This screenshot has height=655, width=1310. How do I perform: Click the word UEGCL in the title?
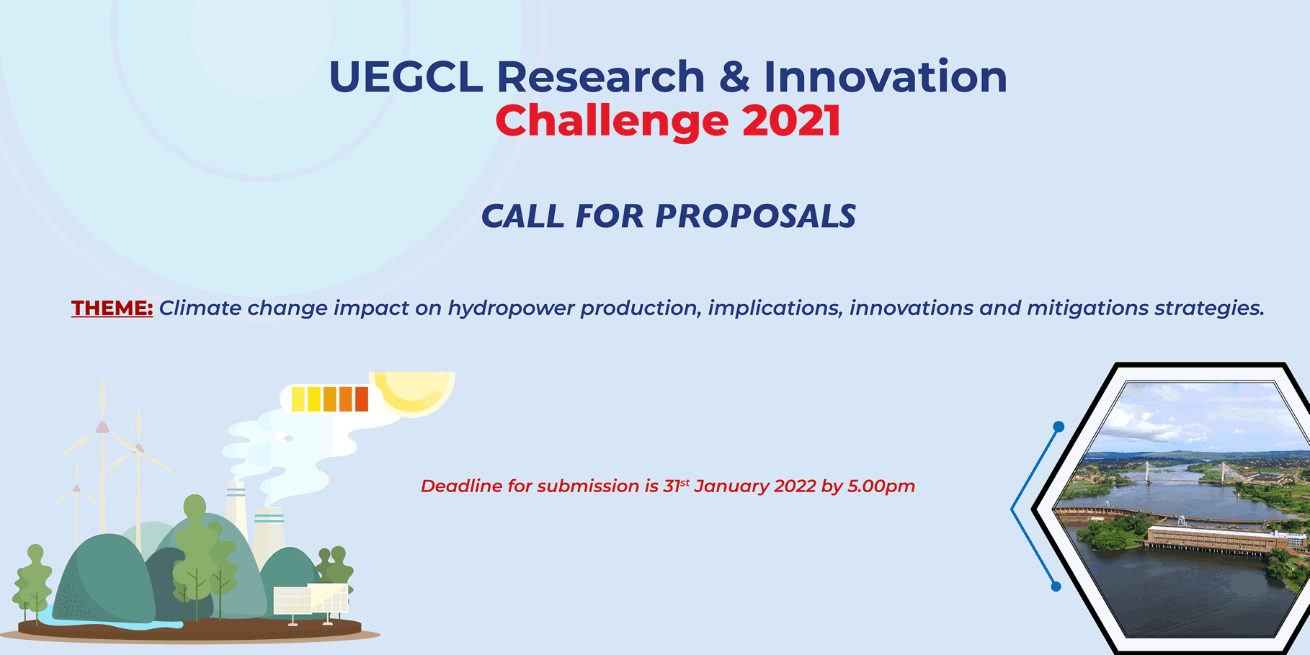coord(406,76)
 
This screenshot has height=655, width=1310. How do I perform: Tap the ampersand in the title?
coord(734,76)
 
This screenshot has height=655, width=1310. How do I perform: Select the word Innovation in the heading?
coord(885,76)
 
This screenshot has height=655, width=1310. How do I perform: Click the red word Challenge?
coord(612,120)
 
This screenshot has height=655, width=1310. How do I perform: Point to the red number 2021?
coord(791,120)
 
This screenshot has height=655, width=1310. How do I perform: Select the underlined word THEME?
coord(112,308)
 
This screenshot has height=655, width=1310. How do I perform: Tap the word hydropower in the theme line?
coord(511,308)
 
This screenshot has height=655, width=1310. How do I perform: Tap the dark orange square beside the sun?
coord(362,399)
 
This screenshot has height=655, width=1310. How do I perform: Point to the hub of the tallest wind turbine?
coord(102,427)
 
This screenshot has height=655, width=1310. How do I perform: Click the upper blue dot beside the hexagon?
coord(1059,427)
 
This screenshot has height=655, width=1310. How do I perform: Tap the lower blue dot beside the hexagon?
coord(1056,587)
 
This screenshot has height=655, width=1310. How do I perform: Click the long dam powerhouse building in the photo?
coord(1211,539)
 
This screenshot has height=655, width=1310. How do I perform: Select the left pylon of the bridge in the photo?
coord(1146,472)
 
